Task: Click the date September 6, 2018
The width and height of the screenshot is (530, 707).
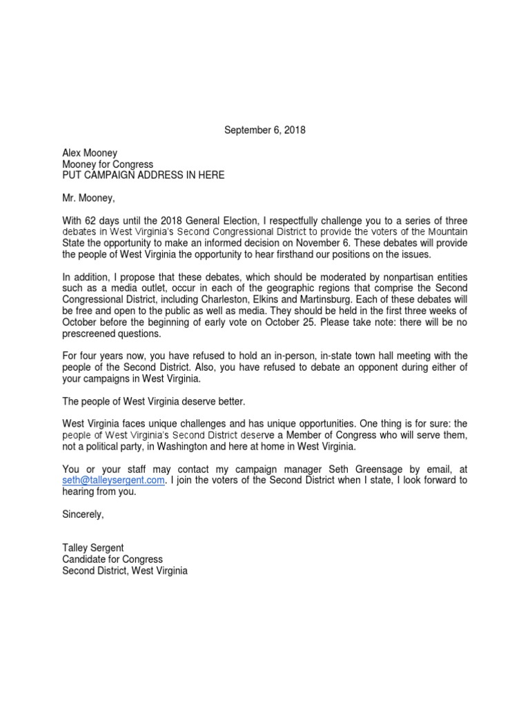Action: [x=265, y=130]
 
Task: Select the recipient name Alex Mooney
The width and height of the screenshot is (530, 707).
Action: [x=90, y=153]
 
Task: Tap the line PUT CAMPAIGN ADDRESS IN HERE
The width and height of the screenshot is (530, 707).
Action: [x=143, y=175]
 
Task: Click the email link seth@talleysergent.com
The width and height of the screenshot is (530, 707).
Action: [x=114, y=481]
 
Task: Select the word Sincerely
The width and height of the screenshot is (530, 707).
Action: [x=84, y=514]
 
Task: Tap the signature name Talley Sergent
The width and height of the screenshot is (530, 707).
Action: [x=93, y=548]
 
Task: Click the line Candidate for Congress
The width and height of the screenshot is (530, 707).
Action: [x=112, y=559]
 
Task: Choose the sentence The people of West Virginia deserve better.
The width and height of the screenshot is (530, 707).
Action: [x=154, y=402]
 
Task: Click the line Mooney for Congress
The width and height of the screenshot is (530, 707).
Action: [x=108, y=164]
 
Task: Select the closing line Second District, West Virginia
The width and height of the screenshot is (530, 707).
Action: [x=125, y=571]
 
